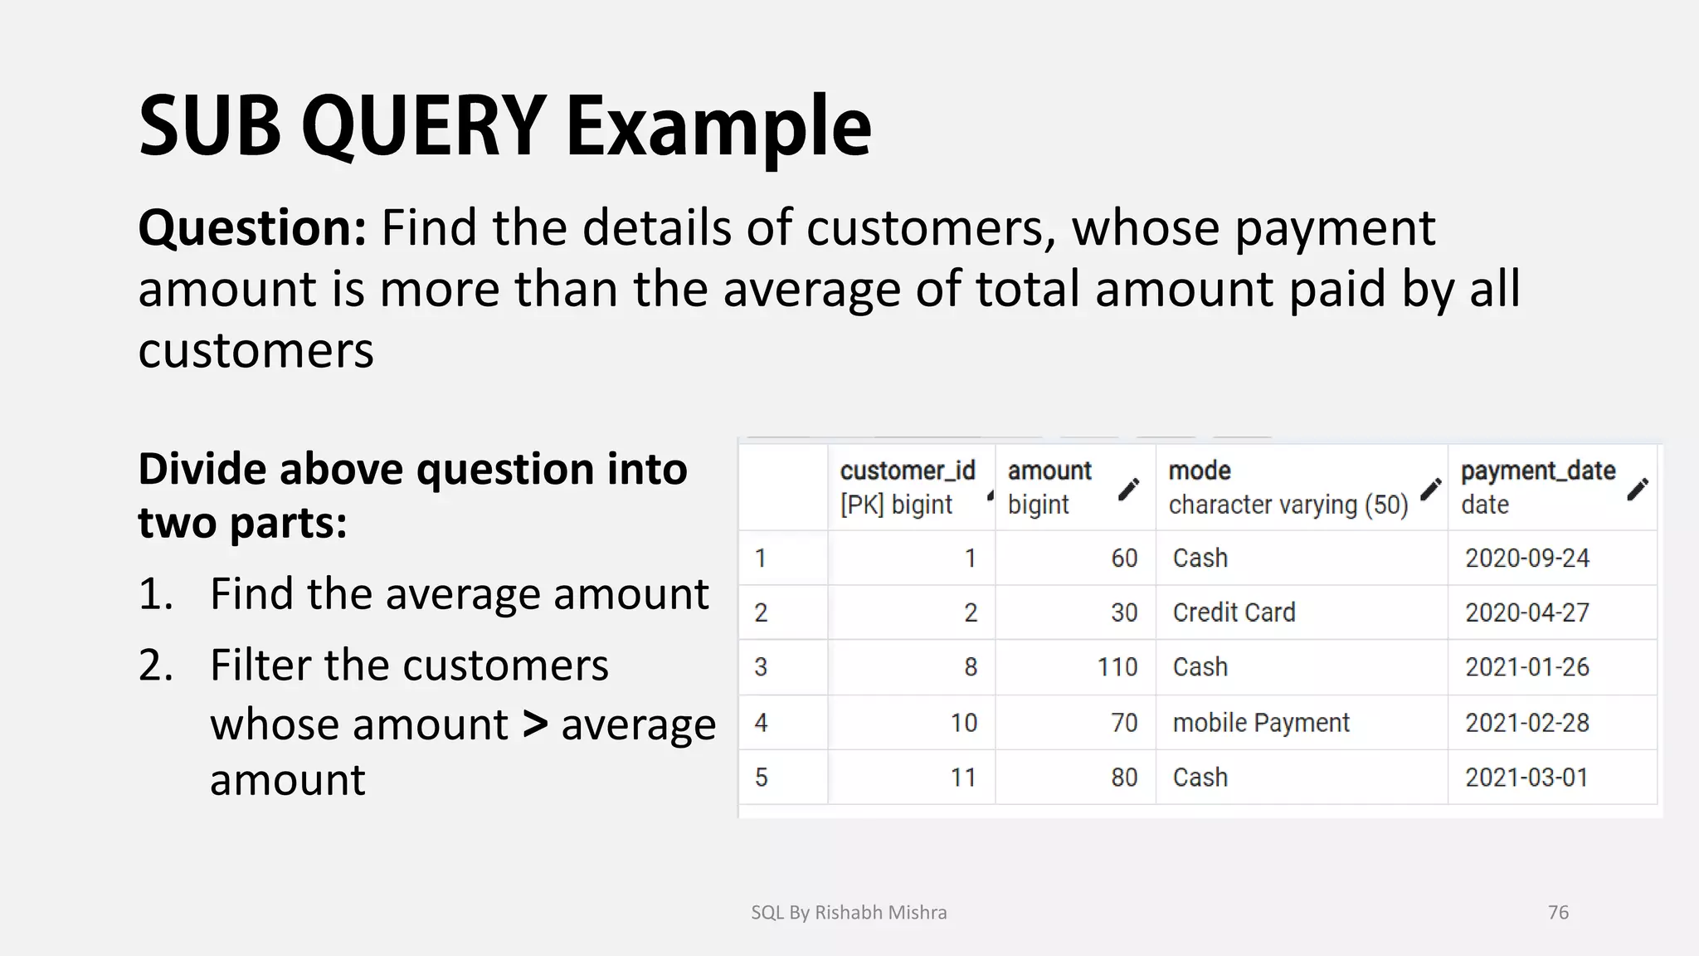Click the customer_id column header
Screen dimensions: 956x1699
(907, 471)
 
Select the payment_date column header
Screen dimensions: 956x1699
(1537, 471)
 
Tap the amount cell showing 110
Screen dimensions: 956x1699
(1117, 667)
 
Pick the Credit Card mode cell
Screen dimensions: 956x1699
(1234, 612)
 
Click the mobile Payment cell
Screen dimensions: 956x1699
(1261, 723)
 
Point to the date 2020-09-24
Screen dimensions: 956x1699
(1526, 558)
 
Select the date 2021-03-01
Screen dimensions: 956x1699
(1526, 778)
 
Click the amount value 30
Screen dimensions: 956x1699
(1124, 612)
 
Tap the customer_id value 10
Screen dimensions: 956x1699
(963, 723)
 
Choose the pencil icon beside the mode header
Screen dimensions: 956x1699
(1430, 490)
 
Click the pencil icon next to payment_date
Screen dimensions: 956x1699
(1638, 490)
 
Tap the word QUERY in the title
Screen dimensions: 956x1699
(422, 126)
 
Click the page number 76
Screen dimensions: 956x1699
(1558, 912)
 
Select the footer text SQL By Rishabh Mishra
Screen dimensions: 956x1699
(849, 912)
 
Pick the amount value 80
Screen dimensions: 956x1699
(1124, 778)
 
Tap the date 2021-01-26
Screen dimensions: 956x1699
(1526, 667)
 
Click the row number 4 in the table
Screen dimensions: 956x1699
(761, 723)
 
